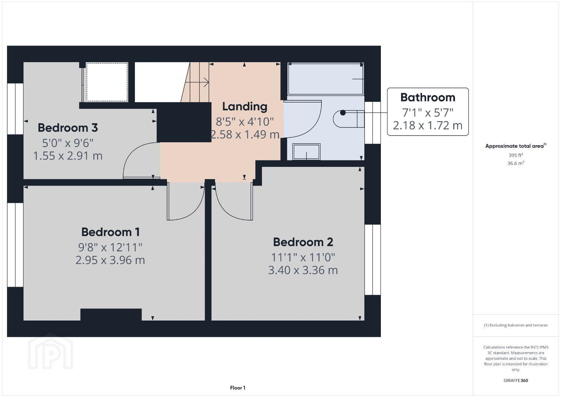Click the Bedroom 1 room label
pyautogui.click(x=110, y=232)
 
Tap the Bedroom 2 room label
pyautogui.click(x=303, y=242)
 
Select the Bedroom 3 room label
pyautogui.click(x=68, y=128)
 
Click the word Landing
pyautogui.click(x=245, y=107)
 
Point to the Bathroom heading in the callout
pyautogui.click(x=428, y=97)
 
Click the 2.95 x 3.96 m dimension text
pyautogui.click(x=110, y=260)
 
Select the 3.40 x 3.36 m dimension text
pyautogui.click(x=303, y=270)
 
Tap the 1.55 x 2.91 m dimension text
pyautogui.click(x=68, y=156)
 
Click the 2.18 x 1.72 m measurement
pyautogui.click(x=428, y=125)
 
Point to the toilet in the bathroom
pyautogui.click(x=349, y=119)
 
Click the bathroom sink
pyautogui.click(x=306, y=152)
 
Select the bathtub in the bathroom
pyautogui.click(x=326, y=79)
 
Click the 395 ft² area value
pyautogui.click(x=516, y=155)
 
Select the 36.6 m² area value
pyautogui.click(x=516, y=163)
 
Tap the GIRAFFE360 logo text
pyautogui.click(x=516, y=380)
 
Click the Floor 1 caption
pyautogui.click(x=238, y=388)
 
